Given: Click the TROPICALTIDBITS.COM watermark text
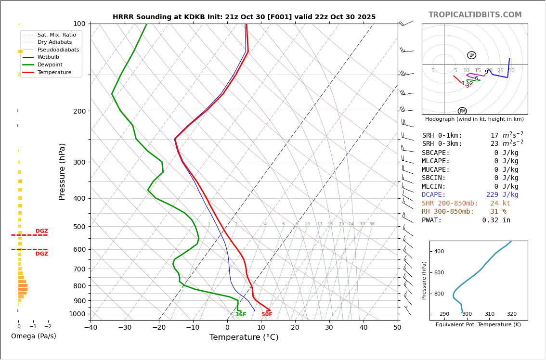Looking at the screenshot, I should point(475,15).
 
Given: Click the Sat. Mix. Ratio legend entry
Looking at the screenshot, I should point(56,35).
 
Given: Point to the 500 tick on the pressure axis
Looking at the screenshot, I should point(79,227).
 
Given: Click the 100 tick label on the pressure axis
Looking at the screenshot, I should point(79,24).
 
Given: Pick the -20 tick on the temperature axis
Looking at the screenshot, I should point(159,328).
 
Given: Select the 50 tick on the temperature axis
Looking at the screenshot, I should point(397,328).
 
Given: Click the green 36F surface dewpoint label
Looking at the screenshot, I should point(241,315).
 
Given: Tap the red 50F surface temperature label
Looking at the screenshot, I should point(267,315).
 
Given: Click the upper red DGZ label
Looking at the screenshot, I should point(41,231).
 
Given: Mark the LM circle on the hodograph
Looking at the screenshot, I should point(471,55).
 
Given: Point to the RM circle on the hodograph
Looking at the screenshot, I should point(462,111).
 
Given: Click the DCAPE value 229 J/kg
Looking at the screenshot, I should point(502,195).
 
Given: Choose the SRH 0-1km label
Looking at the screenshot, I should point(442,136).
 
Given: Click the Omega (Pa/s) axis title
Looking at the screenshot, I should point(33,336).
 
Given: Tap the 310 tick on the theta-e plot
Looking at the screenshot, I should point(489,314).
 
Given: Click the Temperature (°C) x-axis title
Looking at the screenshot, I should point(244,337).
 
